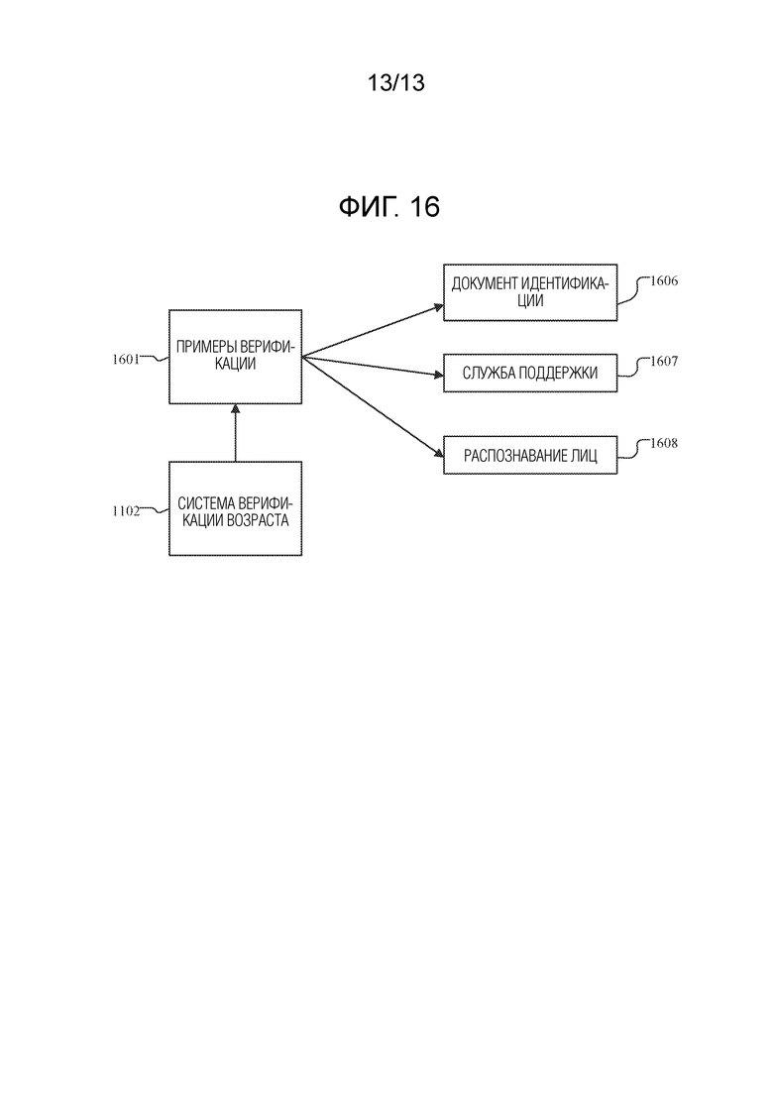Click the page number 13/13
394,84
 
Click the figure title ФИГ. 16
388,207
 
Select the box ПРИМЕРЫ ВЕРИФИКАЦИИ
235,356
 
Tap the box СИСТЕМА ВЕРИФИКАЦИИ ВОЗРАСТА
235,508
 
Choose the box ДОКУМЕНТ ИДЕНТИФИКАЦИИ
530,292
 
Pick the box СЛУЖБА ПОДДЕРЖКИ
530,374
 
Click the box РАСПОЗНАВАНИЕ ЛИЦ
530,456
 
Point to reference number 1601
126,360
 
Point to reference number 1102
126,512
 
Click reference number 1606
663,281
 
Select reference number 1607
663,362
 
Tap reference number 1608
663,444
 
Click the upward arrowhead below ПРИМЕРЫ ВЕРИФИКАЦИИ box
235,408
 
